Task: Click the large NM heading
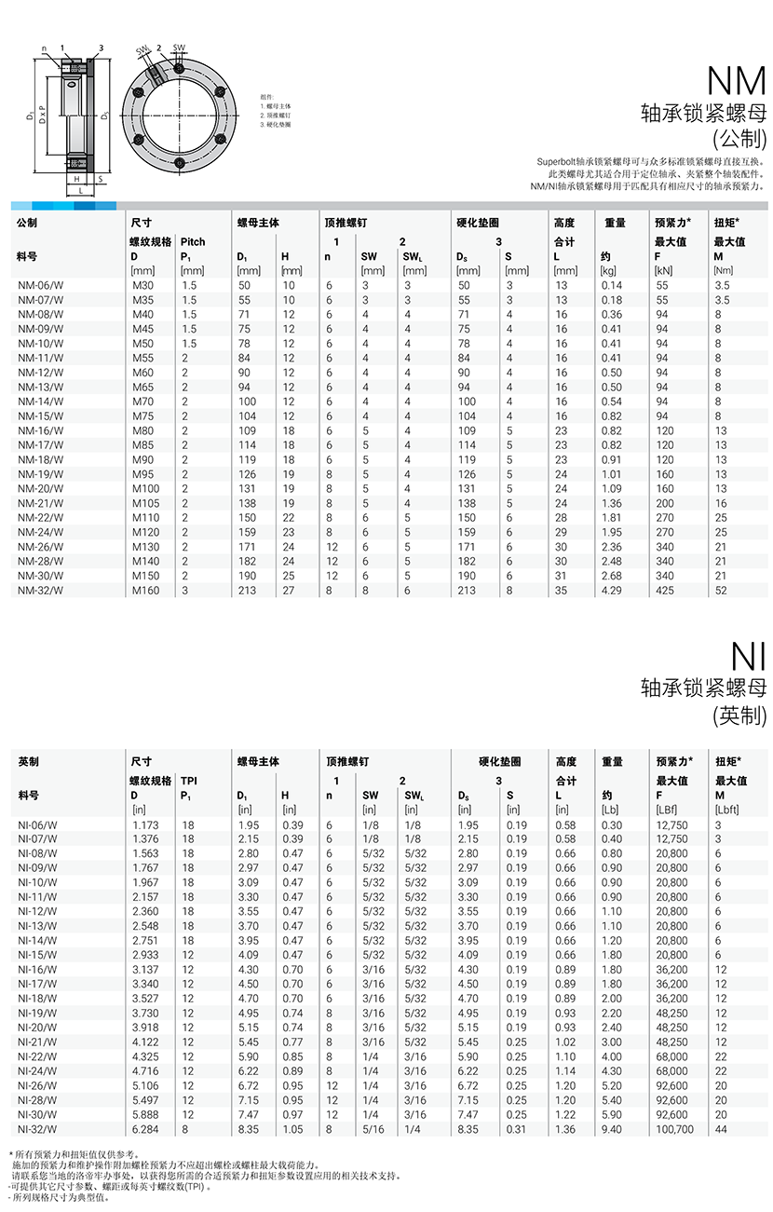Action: pyautogui.click(x=737, y=81)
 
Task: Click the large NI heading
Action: pyautogui.click(x=748, y=657)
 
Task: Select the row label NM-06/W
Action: pyautogui.click(x=41, y=285)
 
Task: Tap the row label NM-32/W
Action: pyautogui.click(x=41, y=590)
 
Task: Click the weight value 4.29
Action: pyautogui.click(x=611, y=590)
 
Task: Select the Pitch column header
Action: pyautogui.click(x=193, y=241)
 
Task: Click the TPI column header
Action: pyautogui.click(x=189, y=781)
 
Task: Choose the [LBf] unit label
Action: pyautogui.click(x=668, y=810)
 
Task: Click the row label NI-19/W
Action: pyautogui.click(x=37, y=1014)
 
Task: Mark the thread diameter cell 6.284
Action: pyautogui.click(x=145, y=1129)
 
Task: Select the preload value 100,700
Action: pyautogui.click(x=675, y=1129)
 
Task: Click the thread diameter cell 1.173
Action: pyautogui.click(x=145, y=825)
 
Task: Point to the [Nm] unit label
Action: pyautogui.click(x=724, y=270)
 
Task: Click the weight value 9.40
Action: pyautogui.click(x=611, y=1129)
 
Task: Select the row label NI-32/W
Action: pyautogui.click(x=37, y=1129)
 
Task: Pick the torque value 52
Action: pyautogui.click(x=721, y=590)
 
